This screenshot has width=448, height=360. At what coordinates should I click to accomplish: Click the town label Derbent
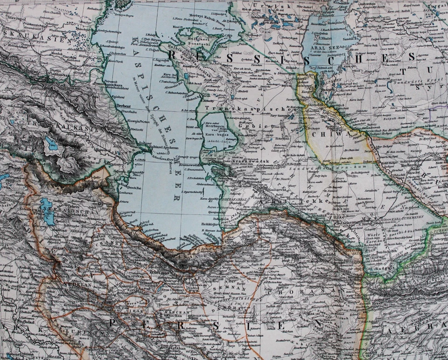pyautogui.click(x=124, y=106)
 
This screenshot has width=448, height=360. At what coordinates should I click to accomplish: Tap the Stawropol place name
pyautogui.click(x=14, y=21)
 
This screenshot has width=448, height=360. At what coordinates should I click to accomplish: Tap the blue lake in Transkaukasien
pyautogui.click(x=51, y=144)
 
